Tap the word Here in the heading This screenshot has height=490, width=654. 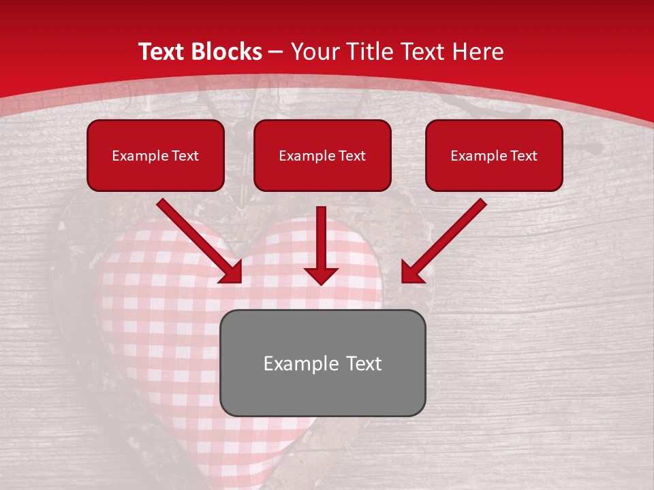478,52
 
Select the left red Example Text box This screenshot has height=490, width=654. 155,155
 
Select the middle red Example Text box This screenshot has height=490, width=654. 322,155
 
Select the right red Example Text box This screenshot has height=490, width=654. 494,155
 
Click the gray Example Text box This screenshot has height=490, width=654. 322,363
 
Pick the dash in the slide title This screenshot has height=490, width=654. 276,52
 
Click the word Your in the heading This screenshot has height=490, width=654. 312,52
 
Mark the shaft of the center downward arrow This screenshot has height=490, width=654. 321,235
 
